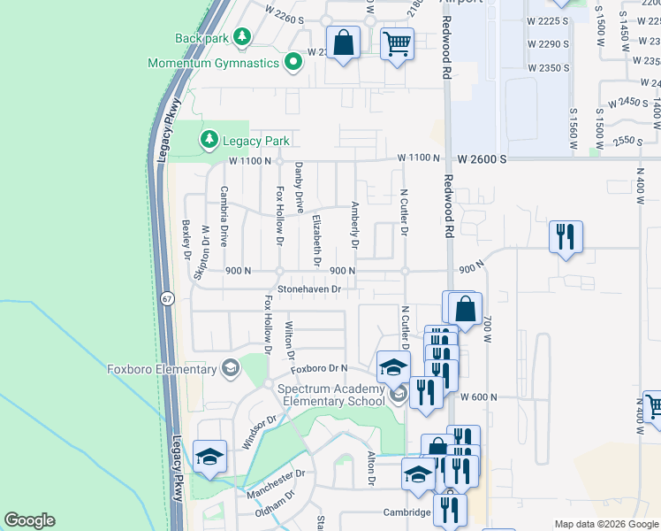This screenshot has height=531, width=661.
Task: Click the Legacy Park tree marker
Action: tap(209, 140)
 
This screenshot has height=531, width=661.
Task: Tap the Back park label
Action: tap(201, 38)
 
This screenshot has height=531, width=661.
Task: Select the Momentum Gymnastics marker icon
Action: tap(293, 62)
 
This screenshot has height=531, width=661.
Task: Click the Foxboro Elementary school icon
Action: tap(231, 368)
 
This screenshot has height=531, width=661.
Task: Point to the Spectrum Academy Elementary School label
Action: tap(330, 395)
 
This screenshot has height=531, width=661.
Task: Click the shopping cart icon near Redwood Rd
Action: tap(398, 42)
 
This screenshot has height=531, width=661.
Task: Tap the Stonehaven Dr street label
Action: tap(309, 289)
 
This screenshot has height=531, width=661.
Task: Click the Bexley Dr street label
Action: tap(186, 240)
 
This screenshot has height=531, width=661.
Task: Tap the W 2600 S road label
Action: tap(482, 159)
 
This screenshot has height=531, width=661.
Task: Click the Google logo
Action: tap(29, 520)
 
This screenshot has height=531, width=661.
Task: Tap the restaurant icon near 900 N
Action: tap(565, 237)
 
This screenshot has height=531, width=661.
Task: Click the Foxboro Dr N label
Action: tap(316, 368)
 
